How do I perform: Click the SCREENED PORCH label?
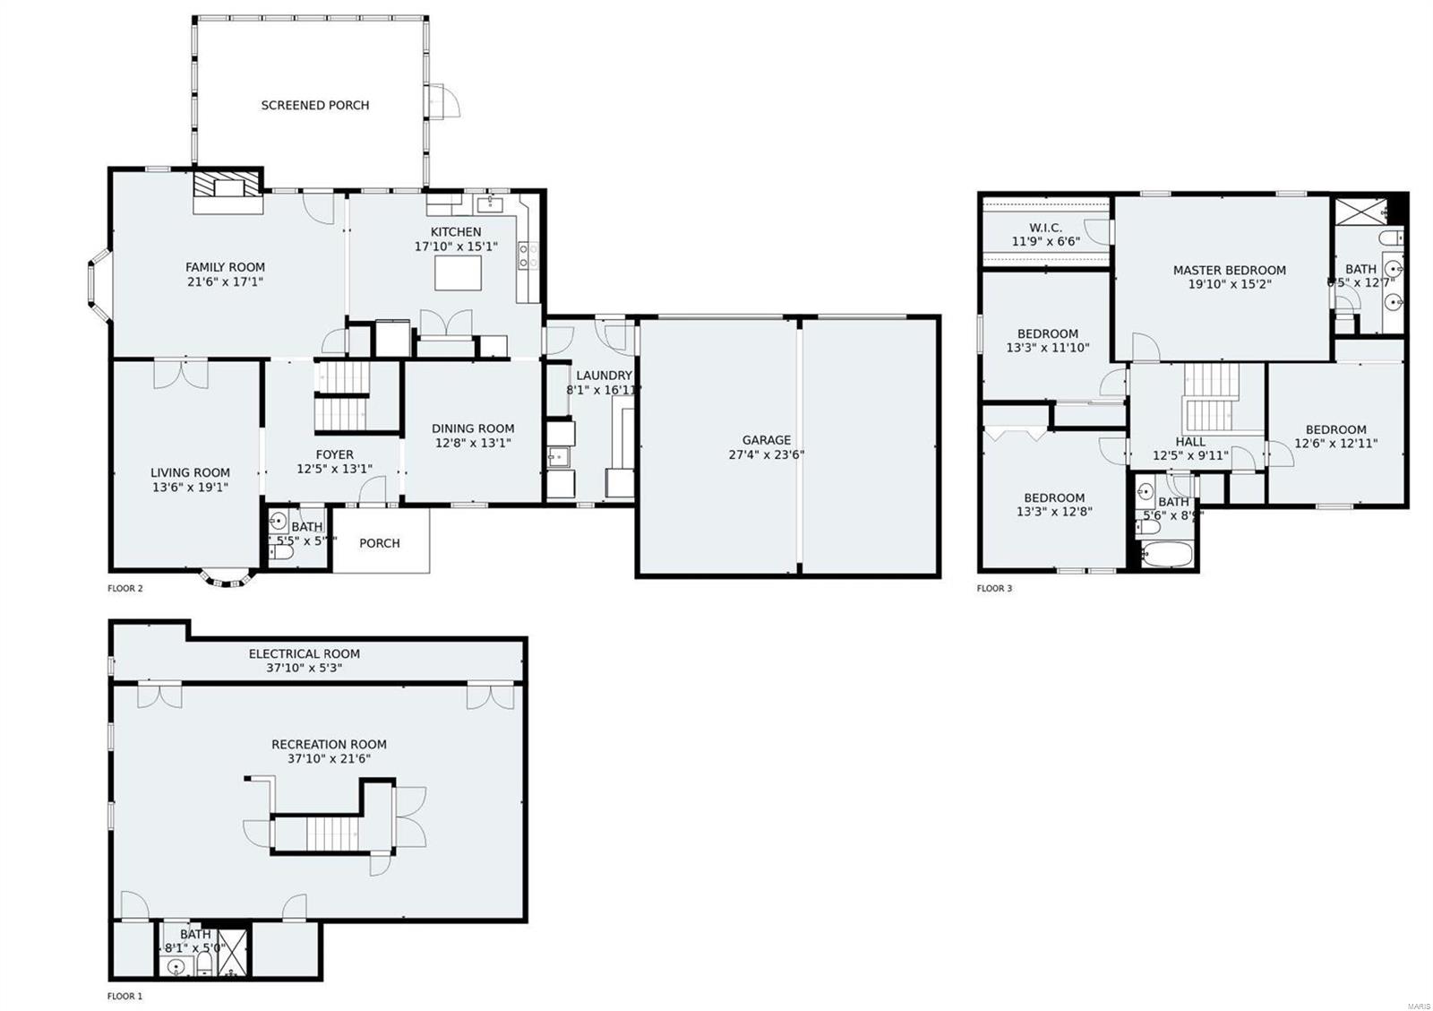click(x=315, y=105)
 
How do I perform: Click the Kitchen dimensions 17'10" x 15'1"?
click(x=456, y=246)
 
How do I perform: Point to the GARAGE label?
click(x=766, y=440)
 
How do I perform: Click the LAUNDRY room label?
click(x=604, y=376)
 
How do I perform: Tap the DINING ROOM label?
click(x=473, y=428)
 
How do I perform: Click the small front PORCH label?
click(x=380, y=543)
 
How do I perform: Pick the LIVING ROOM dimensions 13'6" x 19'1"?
click(x=190, y=488)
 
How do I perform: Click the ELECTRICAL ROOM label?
click(x=305, y=653)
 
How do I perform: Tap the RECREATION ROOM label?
click(x=329, y=744)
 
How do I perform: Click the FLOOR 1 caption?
click(x=124, y=996)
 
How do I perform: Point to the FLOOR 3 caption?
click(x=994, y=589)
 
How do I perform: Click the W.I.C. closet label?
click(x=1046, y=228)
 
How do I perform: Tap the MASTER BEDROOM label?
click(x=1229, y=270)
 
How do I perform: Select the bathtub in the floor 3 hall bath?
click(x=1165, y=554)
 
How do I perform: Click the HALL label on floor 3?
click(x=1190, y=442)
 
